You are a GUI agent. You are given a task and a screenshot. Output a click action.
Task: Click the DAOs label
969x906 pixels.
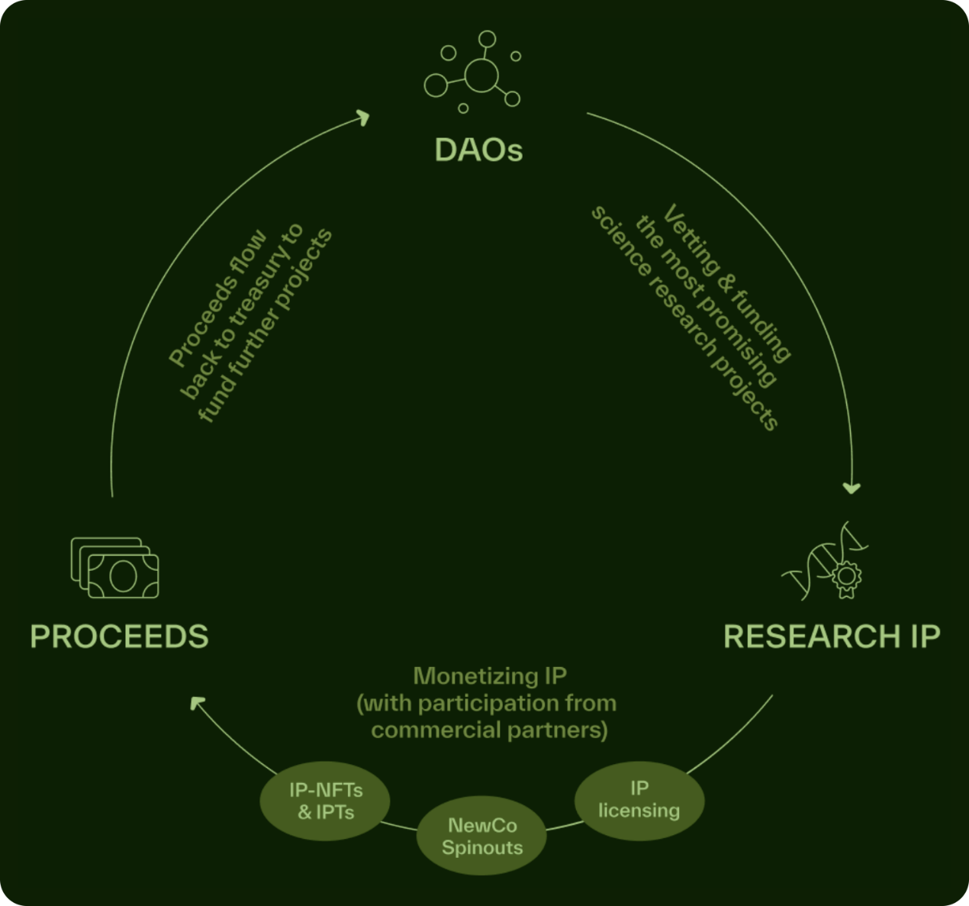tap(478, 150)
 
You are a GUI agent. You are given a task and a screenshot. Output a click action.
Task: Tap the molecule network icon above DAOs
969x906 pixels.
tap(473, 73)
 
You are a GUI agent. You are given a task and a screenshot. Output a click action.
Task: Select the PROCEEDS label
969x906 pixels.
tap(119, 637)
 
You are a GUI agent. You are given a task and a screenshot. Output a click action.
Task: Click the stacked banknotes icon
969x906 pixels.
tap(115, 568)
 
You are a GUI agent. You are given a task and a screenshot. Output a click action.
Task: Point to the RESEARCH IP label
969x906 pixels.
tap(832, 637)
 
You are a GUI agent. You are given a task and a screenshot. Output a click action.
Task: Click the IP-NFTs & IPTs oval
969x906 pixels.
tap(326, 801)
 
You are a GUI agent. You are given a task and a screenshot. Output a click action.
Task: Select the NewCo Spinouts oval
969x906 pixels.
tap(482, 837)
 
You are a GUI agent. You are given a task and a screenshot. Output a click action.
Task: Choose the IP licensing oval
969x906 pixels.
tap(639, 799)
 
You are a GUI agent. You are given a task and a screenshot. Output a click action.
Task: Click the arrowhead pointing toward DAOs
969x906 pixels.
tap(362, 118)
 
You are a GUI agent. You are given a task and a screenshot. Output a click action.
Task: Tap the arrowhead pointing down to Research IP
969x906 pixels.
tap(851, 487)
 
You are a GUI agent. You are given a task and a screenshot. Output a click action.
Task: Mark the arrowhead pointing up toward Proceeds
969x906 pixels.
tap(198, 703)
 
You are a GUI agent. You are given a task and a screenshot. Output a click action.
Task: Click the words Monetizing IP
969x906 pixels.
tap(490, 676)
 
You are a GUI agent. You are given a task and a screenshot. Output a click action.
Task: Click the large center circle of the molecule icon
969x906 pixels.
tap(481, 76)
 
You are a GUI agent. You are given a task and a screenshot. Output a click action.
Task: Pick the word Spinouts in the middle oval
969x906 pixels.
tap(482, 847)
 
